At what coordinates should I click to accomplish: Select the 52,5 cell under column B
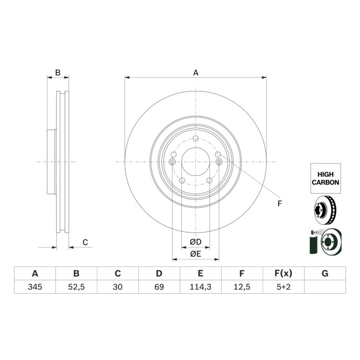point(76,288)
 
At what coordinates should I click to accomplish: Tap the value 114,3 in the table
point(200,288)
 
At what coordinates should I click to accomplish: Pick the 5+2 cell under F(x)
point(283,288)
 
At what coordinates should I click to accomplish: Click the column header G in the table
point(324,273)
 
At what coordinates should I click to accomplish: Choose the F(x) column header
point(283,273)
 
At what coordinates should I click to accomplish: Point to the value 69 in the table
point(159,288)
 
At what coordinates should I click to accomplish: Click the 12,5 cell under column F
point(242,288)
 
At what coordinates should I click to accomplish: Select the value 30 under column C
point(117,288)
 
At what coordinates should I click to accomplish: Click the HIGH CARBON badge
point(325,179)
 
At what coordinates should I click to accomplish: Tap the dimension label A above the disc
point(196,73)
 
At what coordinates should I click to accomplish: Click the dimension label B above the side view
point(58,73)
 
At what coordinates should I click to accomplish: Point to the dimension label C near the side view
point(85,243)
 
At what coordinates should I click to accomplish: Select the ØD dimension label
point(195,242)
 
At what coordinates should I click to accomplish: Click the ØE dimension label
point(195,253)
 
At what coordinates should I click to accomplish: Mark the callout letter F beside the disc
point(279,203)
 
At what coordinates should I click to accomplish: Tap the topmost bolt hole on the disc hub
point(195,140)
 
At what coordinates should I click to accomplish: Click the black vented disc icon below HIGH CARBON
point(324,210)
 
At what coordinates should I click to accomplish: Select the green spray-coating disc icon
point(324,241)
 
